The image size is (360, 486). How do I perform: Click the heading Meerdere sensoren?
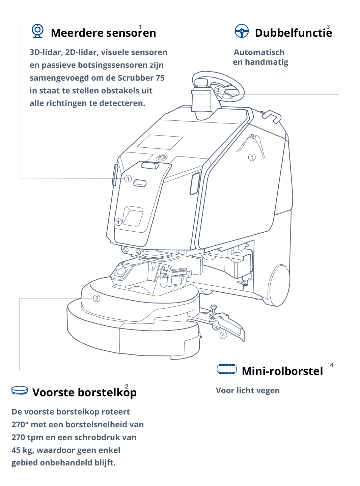103,33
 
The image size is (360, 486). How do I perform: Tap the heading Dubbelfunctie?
293,33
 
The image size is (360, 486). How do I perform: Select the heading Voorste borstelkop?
84,393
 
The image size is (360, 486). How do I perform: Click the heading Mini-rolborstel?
282,371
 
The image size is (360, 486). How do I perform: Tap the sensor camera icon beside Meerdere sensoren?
37,31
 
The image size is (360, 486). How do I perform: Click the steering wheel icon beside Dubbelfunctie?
242,31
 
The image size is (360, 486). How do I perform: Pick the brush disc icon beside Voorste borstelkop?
20,391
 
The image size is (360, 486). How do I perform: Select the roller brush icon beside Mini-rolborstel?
226,369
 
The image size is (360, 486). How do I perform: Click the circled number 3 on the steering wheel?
218,90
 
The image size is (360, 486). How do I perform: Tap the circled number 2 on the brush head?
96,298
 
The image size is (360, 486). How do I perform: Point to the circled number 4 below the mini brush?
223,335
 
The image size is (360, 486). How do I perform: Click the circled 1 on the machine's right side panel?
252,158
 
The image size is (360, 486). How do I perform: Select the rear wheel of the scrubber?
279,285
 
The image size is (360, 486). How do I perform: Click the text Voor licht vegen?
248,391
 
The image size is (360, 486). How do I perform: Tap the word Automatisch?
259,52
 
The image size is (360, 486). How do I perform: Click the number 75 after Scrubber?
160,78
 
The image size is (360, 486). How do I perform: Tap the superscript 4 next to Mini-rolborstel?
332,365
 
